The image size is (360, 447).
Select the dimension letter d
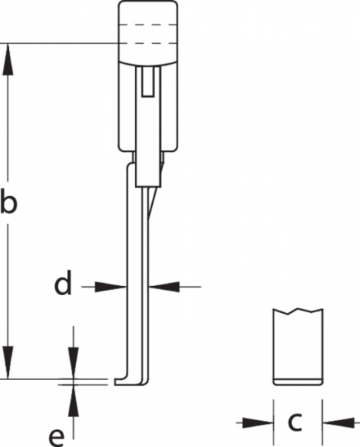63,282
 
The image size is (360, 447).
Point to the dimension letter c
294,422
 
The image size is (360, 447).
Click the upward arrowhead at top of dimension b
7,60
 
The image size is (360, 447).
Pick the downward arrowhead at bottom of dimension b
7,363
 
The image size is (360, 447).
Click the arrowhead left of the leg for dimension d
110,287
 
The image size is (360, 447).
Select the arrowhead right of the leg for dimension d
164,287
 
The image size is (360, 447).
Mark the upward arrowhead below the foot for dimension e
74,400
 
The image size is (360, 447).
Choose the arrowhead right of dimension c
338,422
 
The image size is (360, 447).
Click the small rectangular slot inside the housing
148,82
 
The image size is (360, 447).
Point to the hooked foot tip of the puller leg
119,381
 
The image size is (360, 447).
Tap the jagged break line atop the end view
298,311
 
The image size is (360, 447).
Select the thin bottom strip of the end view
298,382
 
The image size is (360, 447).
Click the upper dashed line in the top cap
148,25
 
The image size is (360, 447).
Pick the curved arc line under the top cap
148,62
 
